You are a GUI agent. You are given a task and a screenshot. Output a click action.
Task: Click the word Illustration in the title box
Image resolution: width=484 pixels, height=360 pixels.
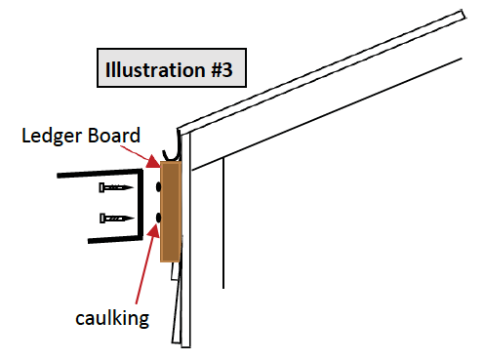click(x=155, y=69)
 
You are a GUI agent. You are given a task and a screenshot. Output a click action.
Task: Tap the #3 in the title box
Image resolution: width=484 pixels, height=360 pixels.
click(x=222, y=69)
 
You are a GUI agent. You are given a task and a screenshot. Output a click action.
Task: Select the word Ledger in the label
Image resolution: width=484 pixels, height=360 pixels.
click(x=53, y=136)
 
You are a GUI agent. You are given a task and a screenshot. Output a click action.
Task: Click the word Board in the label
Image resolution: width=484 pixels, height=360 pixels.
click(x=114, y=135)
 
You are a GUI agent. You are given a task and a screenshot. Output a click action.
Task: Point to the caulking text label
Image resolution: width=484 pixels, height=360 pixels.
click(x=112, y=318)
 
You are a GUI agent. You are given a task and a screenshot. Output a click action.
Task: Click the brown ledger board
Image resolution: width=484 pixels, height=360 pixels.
click(x=171, y=212)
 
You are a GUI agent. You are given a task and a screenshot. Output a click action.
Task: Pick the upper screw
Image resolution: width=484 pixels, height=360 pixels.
click(x=116, y=187)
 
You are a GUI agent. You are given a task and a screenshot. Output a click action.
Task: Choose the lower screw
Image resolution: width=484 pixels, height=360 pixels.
click(x=117, y=219)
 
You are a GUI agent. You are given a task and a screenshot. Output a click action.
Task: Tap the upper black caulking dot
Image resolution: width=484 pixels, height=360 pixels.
click(x=158, y=187)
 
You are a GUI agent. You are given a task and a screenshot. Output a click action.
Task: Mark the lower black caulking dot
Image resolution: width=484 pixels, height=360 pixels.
click(x=158, y=218)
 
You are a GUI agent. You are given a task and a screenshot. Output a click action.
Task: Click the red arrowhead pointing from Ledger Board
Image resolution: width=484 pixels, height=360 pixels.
click(x=153, y=162)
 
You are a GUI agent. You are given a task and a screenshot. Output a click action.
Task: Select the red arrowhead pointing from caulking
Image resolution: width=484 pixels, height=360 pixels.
click(x=153, y=231)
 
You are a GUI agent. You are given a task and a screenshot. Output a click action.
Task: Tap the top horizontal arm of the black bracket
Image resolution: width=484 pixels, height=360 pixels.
click(x=100, y=173)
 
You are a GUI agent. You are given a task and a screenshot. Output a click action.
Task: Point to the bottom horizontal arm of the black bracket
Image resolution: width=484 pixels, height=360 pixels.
click(x=115, y=239)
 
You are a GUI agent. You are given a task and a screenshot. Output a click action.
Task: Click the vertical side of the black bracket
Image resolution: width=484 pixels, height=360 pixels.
click(x=141, y=205)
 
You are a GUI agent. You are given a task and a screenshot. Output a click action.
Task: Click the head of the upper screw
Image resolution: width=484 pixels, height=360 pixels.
click(x=101, y=187)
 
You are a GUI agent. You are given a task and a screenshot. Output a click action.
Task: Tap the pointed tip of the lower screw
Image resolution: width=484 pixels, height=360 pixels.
click(x=133, y=219)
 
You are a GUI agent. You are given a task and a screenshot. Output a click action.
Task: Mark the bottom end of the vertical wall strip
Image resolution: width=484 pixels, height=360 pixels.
click(x=185, y=346)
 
